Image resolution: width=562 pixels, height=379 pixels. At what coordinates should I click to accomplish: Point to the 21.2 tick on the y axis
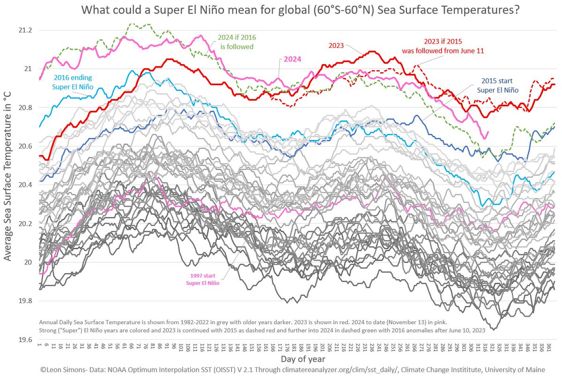tap(24, 30)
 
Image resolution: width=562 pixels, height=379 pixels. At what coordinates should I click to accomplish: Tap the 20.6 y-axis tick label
tap(24, 146)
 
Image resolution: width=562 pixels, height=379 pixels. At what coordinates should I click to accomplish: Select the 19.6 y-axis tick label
tap(24, 340)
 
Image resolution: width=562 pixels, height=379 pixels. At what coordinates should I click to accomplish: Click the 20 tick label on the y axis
tap(28, 262)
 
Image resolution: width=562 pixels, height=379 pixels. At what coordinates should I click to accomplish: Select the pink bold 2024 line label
tap(292, 59)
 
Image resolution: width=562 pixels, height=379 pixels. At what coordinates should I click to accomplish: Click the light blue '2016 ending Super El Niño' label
tap(72, 82)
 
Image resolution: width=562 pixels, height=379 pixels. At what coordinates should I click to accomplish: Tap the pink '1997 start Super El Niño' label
tap(201, 279)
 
